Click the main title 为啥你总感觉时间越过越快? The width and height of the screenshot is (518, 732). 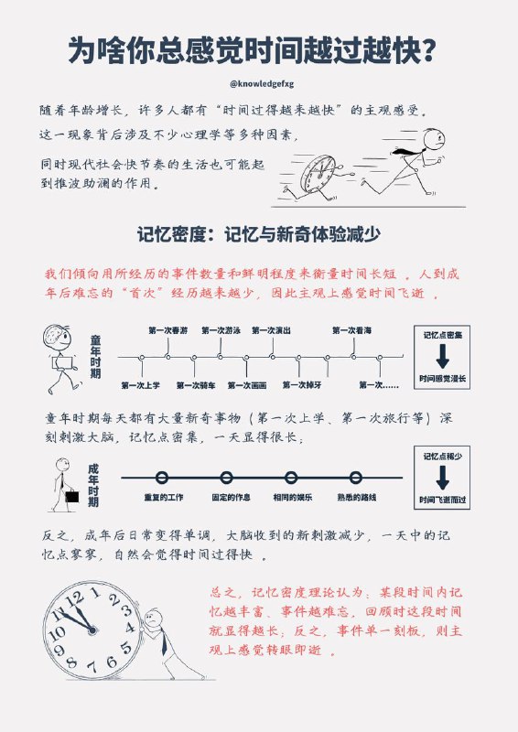tap(259, 50)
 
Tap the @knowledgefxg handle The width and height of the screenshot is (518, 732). tap(259, 82)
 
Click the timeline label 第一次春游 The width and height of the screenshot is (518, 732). tap(167, 330)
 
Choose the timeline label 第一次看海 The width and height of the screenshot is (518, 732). tap(351, 330)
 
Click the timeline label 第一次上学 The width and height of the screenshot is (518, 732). tap(140, 385)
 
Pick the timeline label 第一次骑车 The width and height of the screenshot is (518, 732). tap(194, 385)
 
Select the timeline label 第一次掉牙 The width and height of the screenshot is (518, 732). tap(301, 385)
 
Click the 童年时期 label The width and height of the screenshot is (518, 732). tap(96, 358)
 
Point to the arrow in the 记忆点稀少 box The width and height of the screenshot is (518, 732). tap(442, 477)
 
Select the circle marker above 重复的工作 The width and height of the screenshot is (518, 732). tap(162, 478)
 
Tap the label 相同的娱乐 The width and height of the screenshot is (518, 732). tap(291, 497)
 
